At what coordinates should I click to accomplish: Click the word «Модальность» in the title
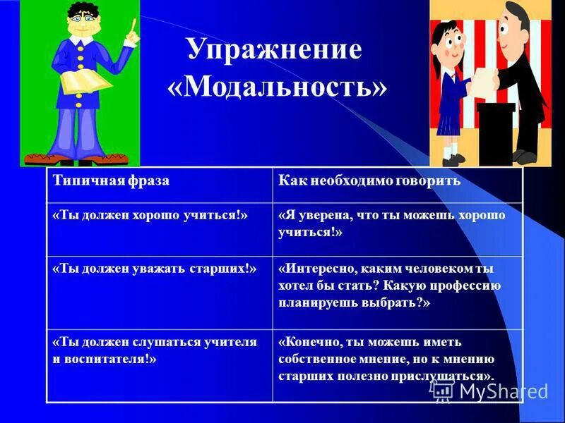[x=278, y=87]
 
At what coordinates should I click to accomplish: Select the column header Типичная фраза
[x=112, y=181]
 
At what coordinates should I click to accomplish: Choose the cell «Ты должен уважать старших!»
[x=154, y=269]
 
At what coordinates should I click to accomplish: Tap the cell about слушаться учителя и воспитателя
[x=155, y=350]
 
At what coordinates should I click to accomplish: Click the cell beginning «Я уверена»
[x=392, y=223]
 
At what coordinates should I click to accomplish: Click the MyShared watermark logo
[x=490, y=390]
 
